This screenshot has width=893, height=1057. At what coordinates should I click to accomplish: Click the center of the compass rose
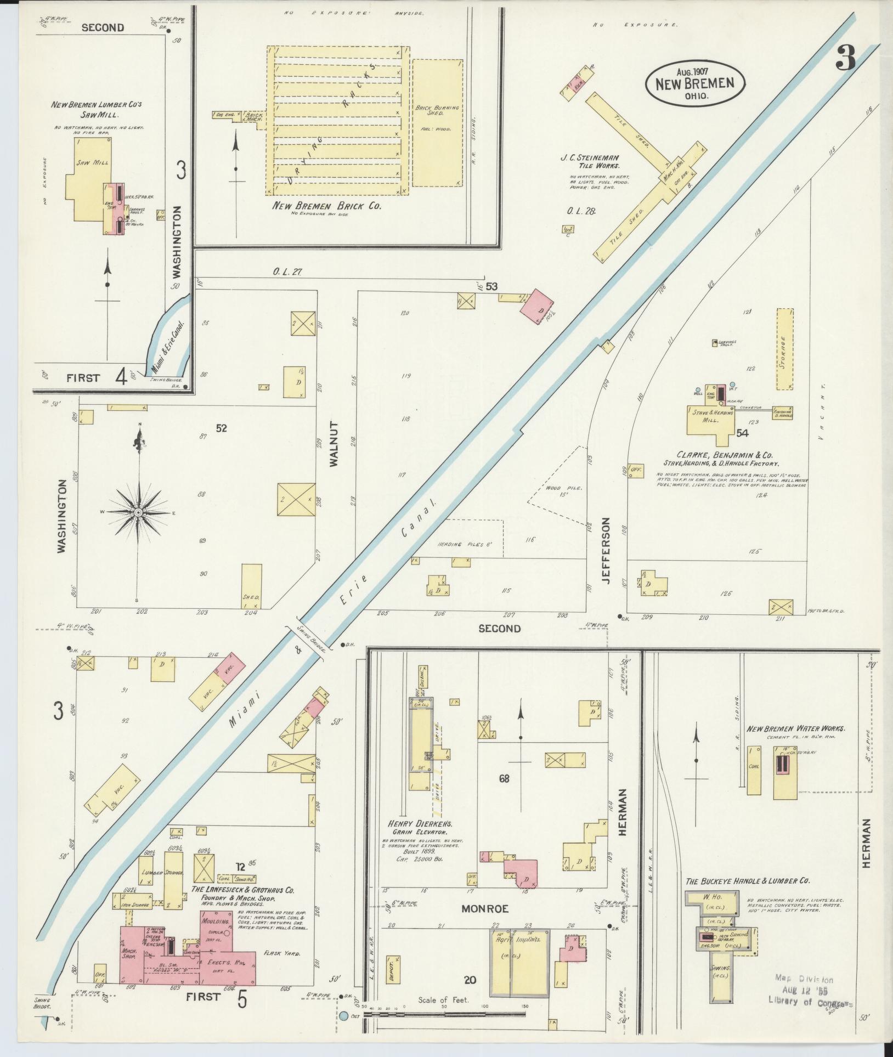click(138, 512)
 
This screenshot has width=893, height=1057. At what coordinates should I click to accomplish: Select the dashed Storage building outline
click(785, 349)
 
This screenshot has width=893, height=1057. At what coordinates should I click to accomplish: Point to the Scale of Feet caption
click(444, 999)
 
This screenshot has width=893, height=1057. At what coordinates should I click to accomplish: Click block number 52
click(221, 428)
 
